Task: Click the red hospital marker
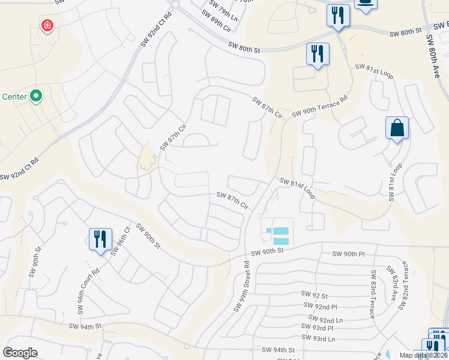point(46,25)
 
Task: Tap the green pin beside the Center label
point(35,96)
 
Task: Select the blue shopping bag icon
point(397,128)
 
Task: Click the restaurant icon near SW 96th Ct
point(100,239)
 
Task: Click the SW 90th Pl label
point(348,254)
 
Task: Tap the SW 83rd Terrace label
point(373,292)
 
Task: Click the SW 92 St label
point(315,295)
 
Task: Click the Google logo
point(20,352)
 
